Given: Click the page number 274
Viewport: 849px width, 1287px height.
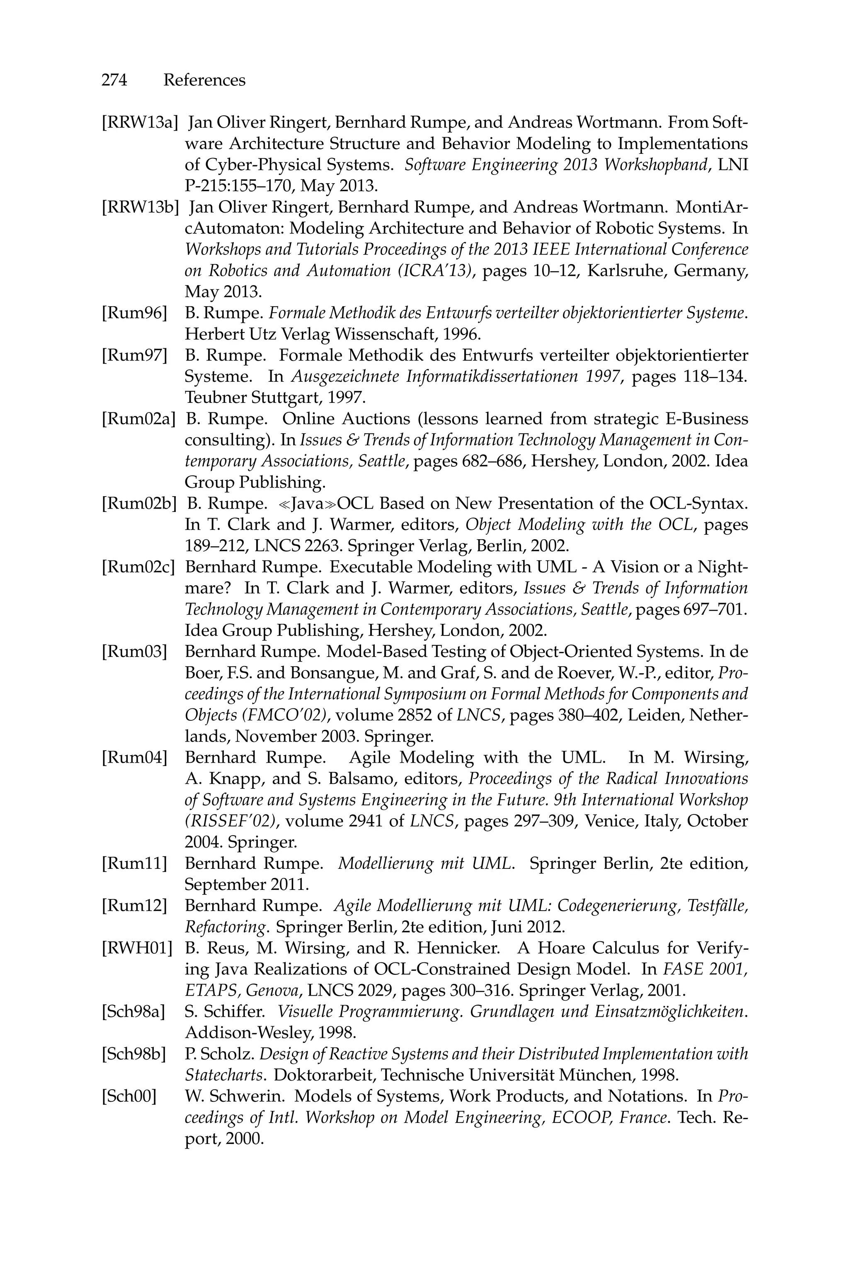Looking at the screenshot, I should (114, 80).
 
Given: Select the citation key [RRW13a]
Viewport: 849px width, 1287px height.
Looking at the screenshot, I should (140, 123).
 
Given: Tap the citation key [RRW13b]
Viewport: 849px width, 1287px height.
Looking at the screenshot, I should (140, 207).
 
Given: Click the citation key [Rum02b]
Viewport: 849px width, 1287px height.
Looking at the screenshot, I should (139, 503).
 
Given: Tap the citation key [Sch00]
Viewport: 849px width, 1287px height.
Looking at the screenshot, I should (129, 1096).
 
